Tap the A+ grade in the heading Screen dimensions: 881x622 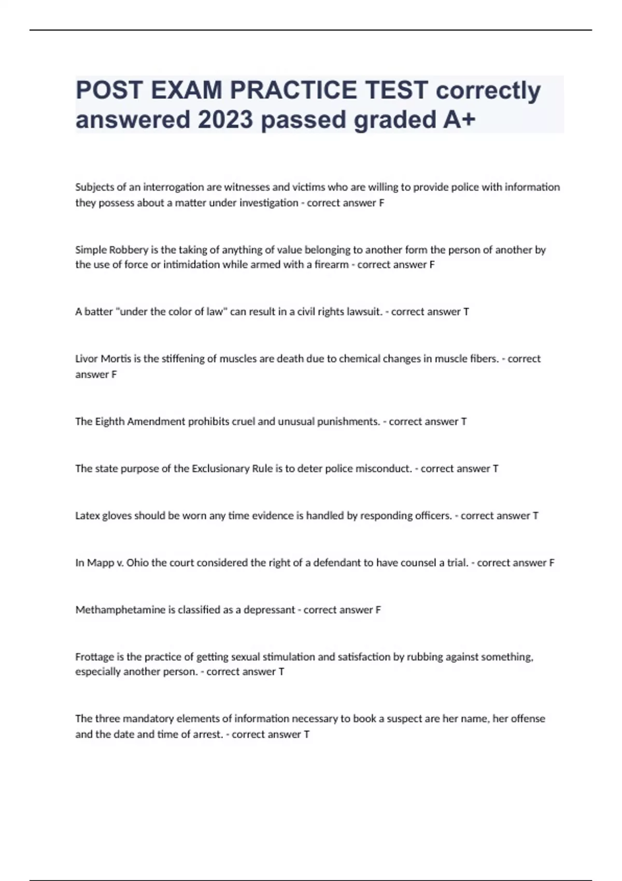click(459, 120)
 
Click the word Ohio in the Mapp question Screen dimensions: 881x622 click(137, 563)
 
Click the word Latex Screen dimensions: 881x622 click(87, 516)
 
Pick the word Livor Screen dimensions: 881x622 click(86, 359)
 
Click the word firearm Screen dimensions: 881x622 click(331, 265)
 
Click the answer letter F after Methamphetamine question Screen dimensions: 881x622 click(378, 610)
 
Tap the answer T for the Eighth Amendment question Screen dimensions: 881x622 click(464, 421)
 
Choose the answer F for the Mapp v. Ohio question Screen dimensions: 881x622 click(552, 563)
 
